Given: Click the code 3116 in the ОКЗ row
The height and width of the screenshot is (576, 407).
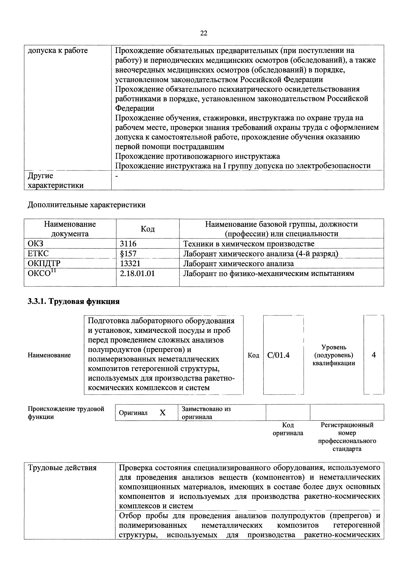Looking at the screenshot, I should coord(128,244).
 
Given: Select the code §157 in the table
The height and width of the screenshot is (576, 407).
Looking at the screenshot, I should coord(128,254).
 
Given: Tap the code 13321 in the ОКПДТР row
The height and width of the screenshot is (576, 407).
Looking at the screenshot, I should coord(130,263).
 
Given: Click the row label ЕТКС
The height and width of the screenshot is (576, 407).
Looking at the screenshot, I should coord(38,254).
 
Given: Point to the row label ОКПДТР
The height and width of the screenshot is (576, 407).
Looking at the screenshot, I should coord(44,263).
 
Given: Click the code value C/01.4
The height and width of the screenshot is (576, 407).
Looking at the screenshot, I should coord(278,355).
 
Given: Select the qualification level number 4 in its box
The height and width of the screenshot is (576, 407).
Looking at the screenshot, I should coord(374,355).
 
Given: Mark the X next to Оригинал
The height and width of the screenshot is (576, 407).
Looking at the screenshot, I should coord(162,413).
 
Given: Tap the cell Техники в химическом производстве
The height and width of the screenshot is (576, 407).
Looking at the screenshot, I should coord(249,244).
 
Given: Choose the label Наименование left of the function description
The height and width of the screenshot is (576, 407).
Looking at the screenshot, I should coord(49,355).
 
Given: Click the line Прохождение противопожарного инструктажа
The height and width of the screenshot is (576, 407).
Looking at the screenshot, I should coord(197,156).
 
